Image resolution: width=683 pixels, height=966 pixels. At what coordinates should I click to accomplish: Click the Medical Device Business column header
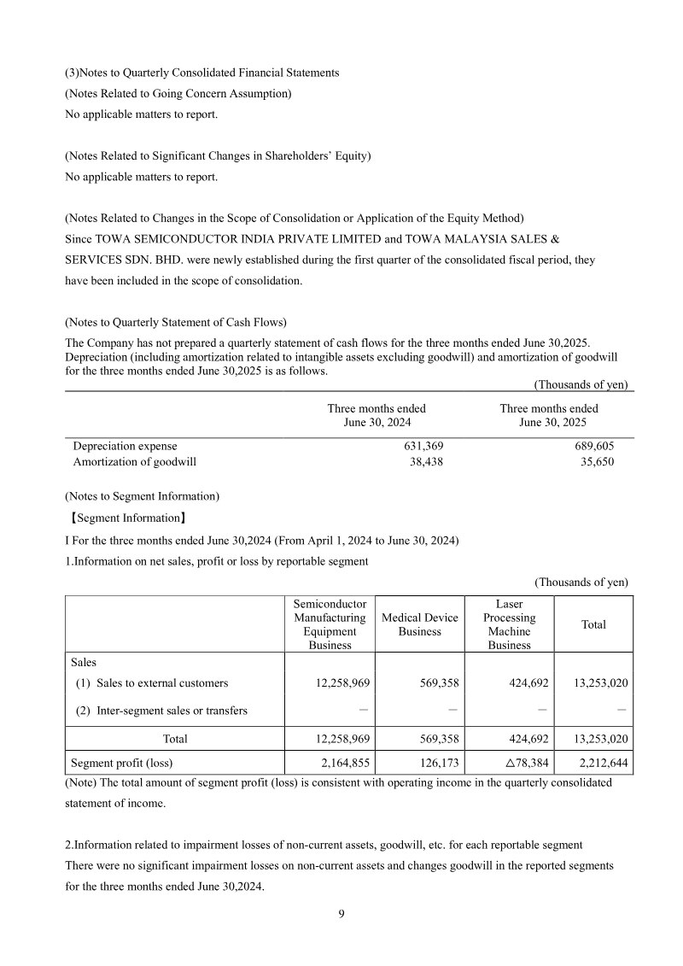[419, 624]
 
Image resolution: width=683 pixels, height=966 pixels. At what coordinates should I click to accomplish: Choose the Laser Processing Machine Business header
[509, 624]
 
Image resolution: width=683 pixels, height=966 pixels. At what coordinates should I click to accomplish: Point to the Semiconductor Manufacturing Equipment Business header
[330, 624]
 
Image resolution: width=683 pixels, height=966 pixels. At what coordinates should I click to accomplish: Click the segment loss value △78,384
[520, 763]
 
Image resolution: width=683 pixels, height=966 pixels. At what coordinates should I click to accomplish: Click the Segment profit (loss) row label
[126, 763]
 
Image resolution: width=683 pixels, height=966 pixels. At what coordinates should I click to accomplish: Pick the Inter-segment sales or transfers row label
[160, 711]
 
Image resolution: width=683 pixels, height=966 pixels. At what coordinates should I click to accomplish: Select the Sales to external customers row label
[149, 682]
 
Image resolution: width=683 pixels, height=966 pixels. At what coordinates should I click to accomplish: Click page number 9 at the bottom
[341, 915]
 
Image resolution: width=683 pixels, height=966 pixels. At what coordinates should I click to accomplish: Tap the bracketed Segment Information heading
[127, 518]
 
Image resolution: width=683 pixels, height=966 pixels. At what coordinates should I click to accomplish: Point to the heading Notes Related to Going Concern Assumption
[178, 93]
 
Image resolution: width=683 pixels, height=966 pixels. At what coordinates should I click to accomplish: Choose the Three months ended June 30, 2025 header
[548, 416]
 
